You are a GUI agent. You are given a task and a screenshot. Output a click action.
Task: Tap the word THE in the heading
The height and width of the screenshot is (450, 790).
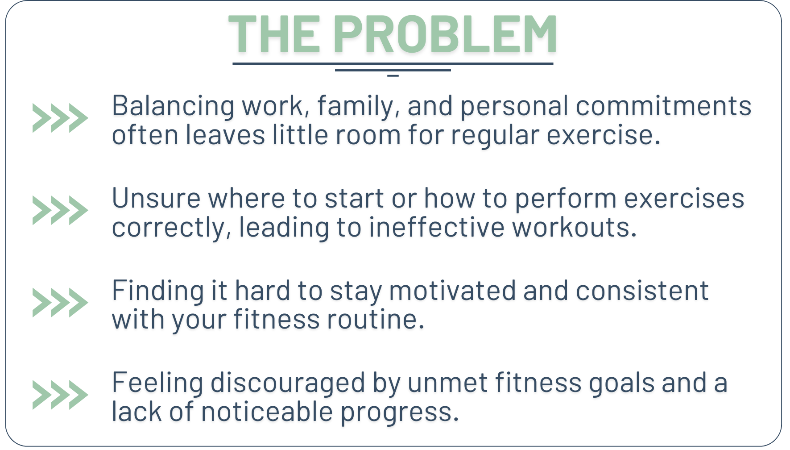274,34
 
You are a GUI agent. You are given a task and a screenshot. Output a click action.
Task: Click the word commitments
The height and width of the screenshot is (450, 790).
663,106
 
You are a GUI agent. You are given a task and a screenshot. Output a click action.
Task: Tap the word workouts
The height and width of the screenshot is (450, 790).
574,227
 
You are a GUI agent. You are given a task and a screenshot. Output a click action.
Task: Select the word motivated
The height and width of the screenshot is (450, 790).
452,291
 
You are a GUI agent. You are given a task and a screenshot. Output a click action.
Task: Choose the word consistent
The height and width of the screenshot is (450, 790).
642,291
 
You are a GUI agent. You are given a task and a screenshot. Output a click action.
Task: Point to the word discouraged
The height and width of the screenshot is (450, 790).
288,383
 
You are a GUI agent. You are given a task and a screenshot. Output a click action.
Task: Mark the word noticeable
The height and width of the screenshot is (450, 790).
267,412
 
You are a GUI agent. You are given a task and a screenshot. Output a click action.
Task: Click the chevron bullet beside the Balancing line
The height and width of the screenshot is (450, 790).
60,118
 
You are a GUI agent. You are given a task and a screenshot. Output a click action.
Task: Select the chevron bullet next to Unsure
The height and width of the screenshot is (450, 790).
60,210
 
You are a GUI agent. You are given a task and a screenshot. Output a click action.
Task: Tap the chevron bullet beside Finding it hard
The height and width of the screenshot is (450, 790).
60,303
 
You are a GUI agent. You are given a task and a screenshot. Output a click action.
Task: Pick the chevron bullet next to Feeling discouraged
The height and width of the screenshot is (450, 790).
60,395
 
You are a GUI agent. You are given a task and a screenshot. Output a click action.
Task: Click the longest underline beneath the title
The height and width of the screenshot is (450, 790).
393,64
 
